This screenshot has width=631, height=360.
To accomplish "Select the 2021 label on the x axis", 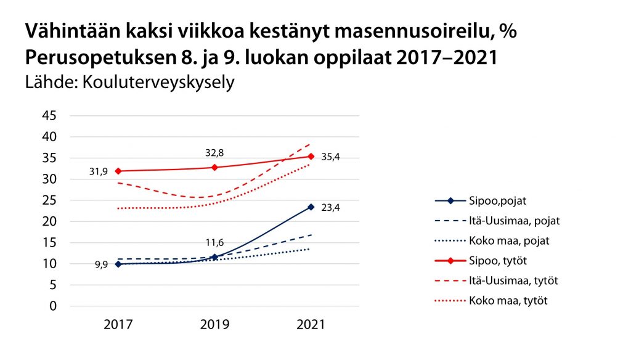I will click(x=310, y=325).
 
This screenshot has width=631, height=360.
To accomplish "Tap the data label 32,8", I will click(x=215, y=152).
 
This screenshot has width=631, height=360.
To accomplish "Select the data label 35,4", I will click(x=330, y=157).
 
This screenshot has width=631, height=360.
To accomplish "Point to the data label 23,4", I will click(x=330, y=207).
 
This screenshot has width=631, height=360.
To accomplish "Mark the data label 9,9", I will click(x=101, y=264).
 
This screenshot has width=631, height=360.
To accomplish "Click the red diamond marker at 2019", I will click(x=214, y=167).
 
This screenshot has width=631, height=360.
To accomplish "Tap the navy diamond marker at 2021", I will click(x=311, y=207).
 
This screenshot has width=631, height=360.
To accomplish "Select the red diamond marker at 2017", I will click(x=118, y=171).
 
